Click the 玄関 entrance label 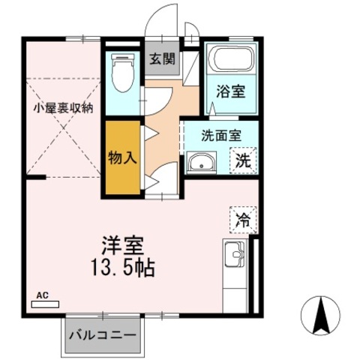pyautogui.click(x=162, y=59)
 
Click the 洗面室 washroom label pyautogui.click(x=220, y=136)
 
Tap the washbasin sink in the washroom pyautogui.click(x=201, y=162)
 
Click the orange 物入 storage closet pyautogui.click(x=121, y=158)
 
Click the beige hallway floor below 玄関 pyautogui.click(x=160, y=120)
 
